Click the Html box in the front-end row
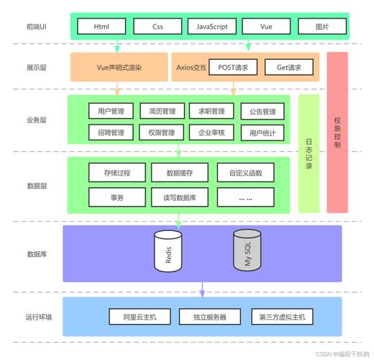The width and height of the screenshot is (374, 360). (100, 27)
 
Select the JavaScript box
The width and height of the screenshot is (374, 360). (211, 27)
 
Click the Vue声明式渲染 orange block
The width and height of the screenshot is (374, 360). (119, 68)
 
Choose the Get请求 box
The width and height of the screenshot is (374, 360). (288, 68)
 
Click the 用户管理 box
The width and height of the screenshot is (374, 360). (111, 112)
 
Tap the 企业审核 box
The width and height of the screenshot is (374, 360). (211, 132)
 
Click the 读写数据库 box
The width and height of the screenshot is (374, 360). (179, 197)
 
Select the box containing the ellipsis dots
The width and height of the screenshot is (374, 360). (245, 197)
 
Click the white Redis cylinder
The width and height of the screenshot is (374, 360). (168, 251)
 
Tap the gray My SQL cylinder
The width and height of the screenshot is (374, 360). (247, 251)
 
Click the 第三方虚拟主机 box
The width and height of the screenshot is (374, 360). (282, 317)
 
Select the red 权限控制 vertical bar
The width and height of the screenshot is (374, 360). (337, 132)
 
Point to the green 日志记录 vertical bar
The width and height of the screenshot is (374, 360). (309, 153)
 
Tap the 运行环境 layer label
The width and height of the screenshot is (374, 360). (38, 317)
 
